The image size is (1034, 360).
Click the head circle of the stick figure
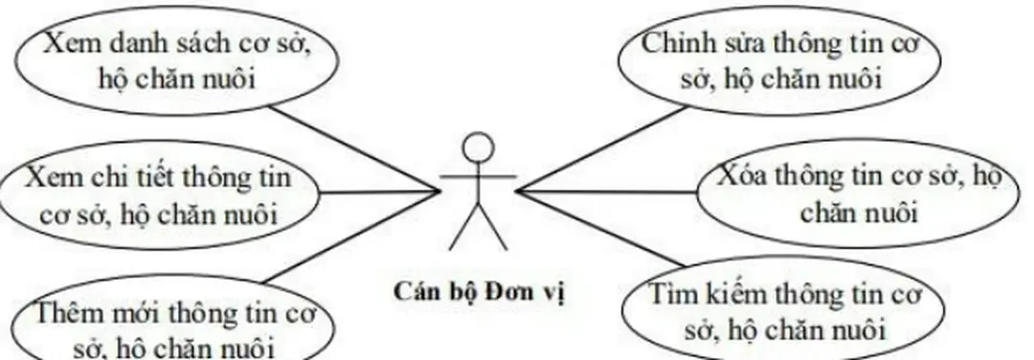pos(478,146)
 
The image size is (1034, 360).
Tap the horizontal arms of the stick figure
pos(478,178)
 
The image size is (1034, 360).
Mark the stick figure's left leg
pos(463,231)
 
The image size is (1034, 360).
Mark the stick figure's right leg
pos(493,231)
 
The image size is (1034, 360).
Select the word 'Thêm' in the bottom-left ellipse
pos(63,313)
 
